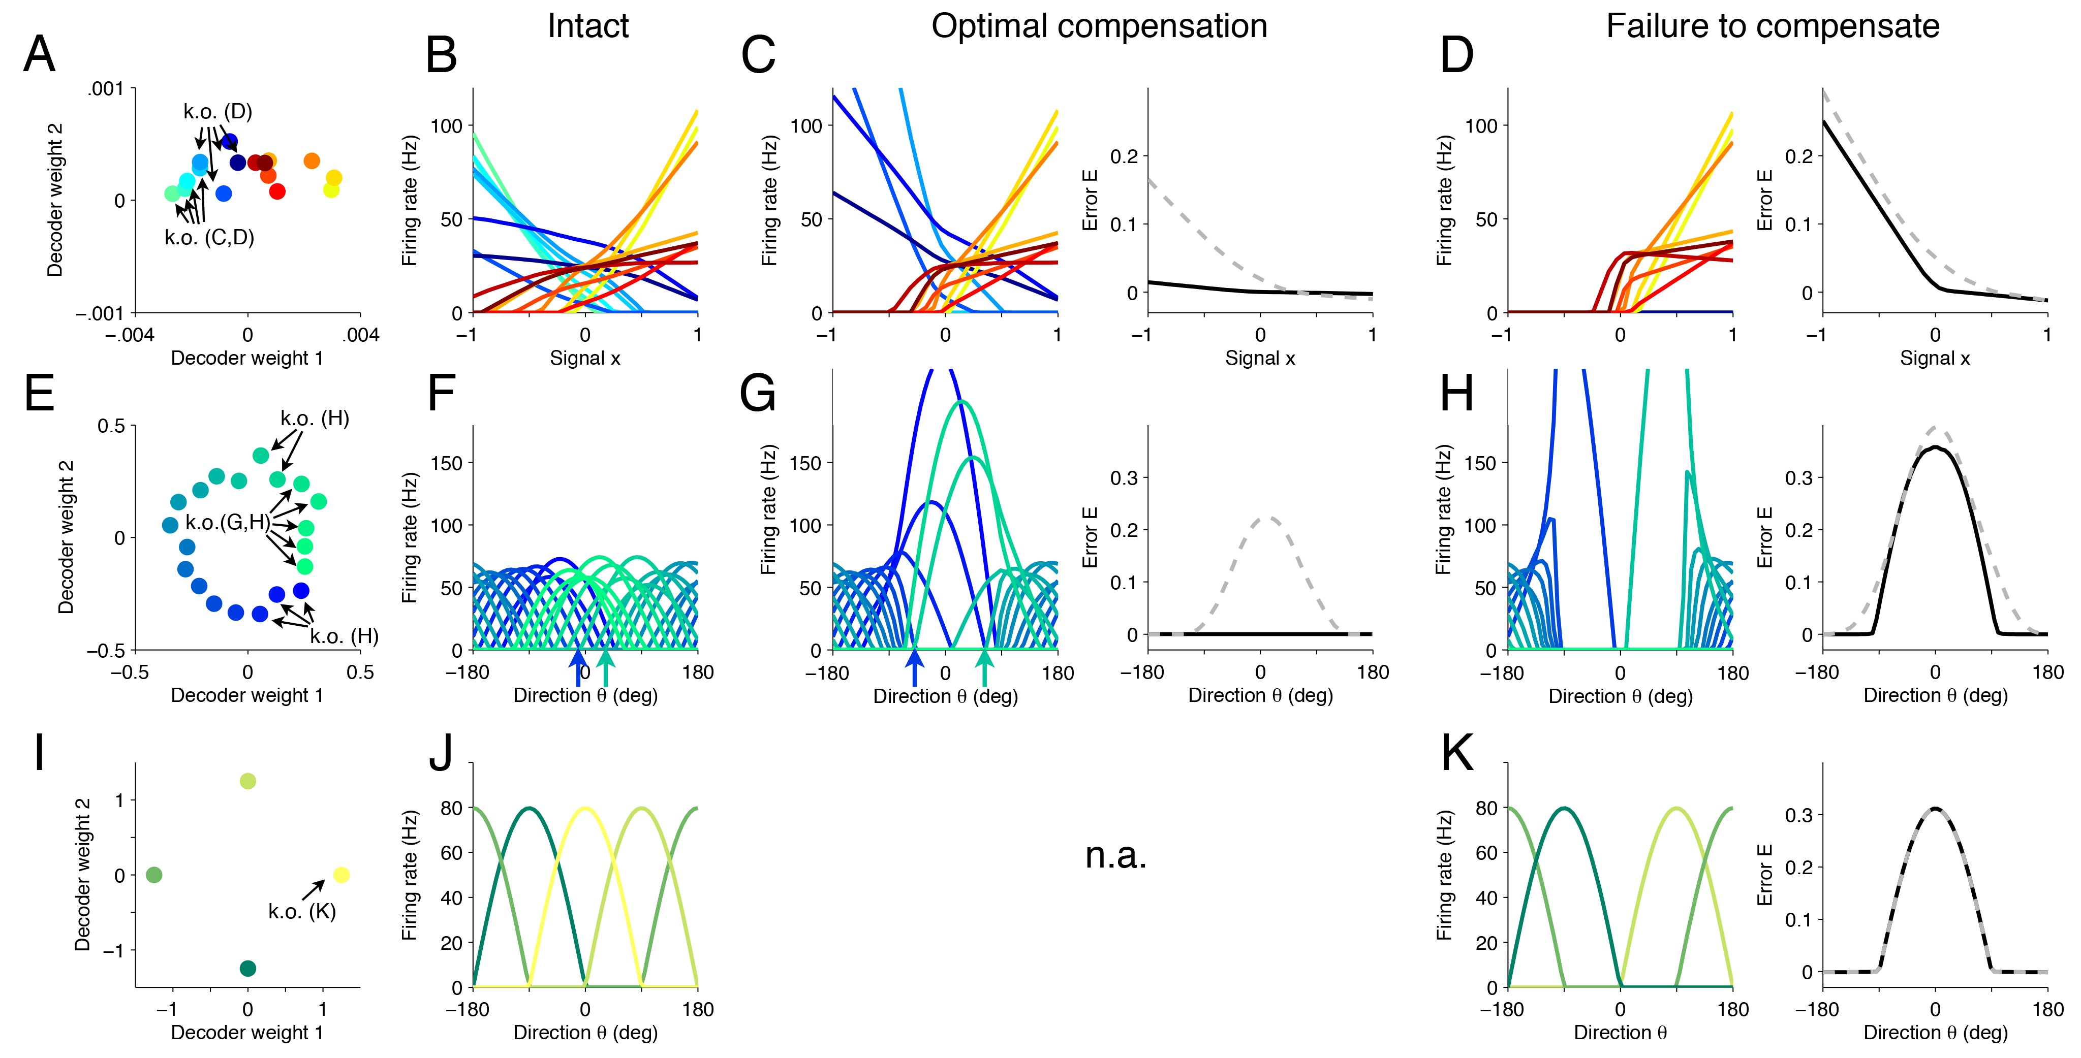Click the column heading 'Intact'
(587, 26)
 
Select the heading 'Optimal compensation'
(1099, 26)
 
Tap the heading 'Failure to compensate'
(1773, 26)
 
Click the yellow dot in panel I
(341, 875)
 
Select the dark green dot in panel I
(248, 969)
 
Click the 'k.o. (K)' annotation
(302, 912)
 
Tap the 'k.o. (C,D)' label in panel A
(209, 237)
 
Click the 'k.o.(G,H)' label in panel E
(228, 523)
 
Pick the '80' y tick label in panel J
(452, 809)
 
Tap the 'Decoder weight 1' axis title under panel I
(247, 1032)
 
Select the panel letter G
(758, 394)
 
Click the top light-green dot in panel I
(248, 781)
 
